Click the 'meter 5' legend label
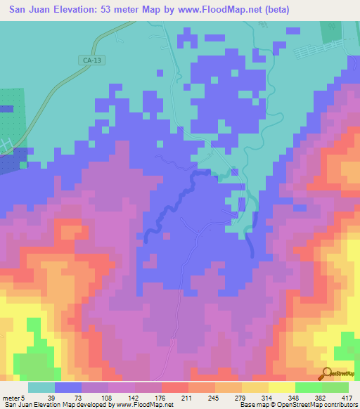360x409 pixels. pyautogui.click(x=15, y=398)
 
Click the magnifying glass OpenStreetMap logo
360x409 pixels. pyautogui.click(x=326, y=375)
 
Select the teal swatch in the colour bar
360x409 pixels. pyautogui.click(x=41, y=387)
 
